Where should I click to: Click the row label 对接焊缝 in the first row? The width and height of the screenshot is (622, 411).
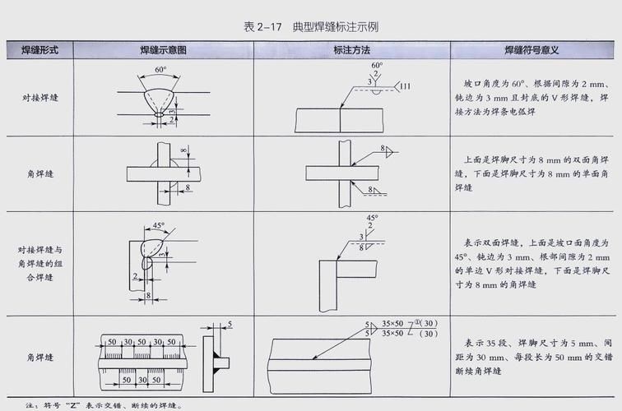point(38,98)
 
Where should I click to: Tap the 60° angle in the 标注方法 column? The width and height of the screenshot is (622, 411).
point(377,64)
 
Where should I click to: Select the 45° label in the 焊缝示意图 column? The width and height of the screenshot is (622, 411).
point(159,224)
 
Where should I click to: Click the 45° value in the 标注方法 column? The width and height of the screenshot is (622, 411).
point(371,218)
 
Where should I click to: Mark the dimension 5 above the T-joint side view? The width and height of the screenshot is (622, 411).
point(230,323)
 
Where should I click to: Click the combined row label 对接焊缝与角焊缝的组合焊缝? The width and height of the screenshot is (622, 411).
point(38,263)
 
